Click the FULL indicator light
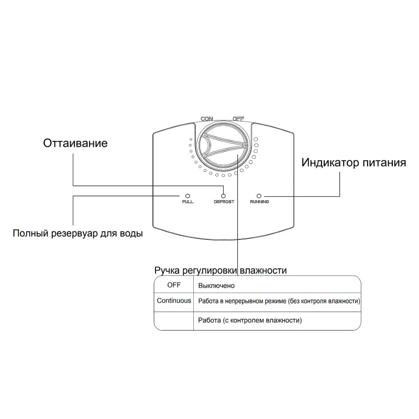(x=188, y=195)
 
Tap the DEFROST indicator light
(x=224, y=195)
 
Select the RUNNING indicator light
(x=259, y=195)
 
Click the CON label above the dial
(x=206, y=118)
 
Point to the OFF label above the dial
(x=238, y=118)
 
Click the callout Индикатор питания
(x=354, y=162)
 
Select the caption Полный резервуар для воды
(x=78, y=233)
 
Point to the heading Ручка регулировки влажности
(x=220, y=270)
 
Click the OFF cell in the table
(x=173, y=285)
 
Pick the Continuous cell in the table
(x=173, y=301)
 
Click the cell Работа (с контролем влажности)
(x=250, y=319)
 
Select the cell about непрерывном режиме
(x=279, y=302)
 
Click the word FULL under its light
(x=188, y=202)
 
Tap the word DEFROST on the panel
(x=224, y=202)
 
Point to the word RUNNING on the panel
(x=259, y=202)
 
